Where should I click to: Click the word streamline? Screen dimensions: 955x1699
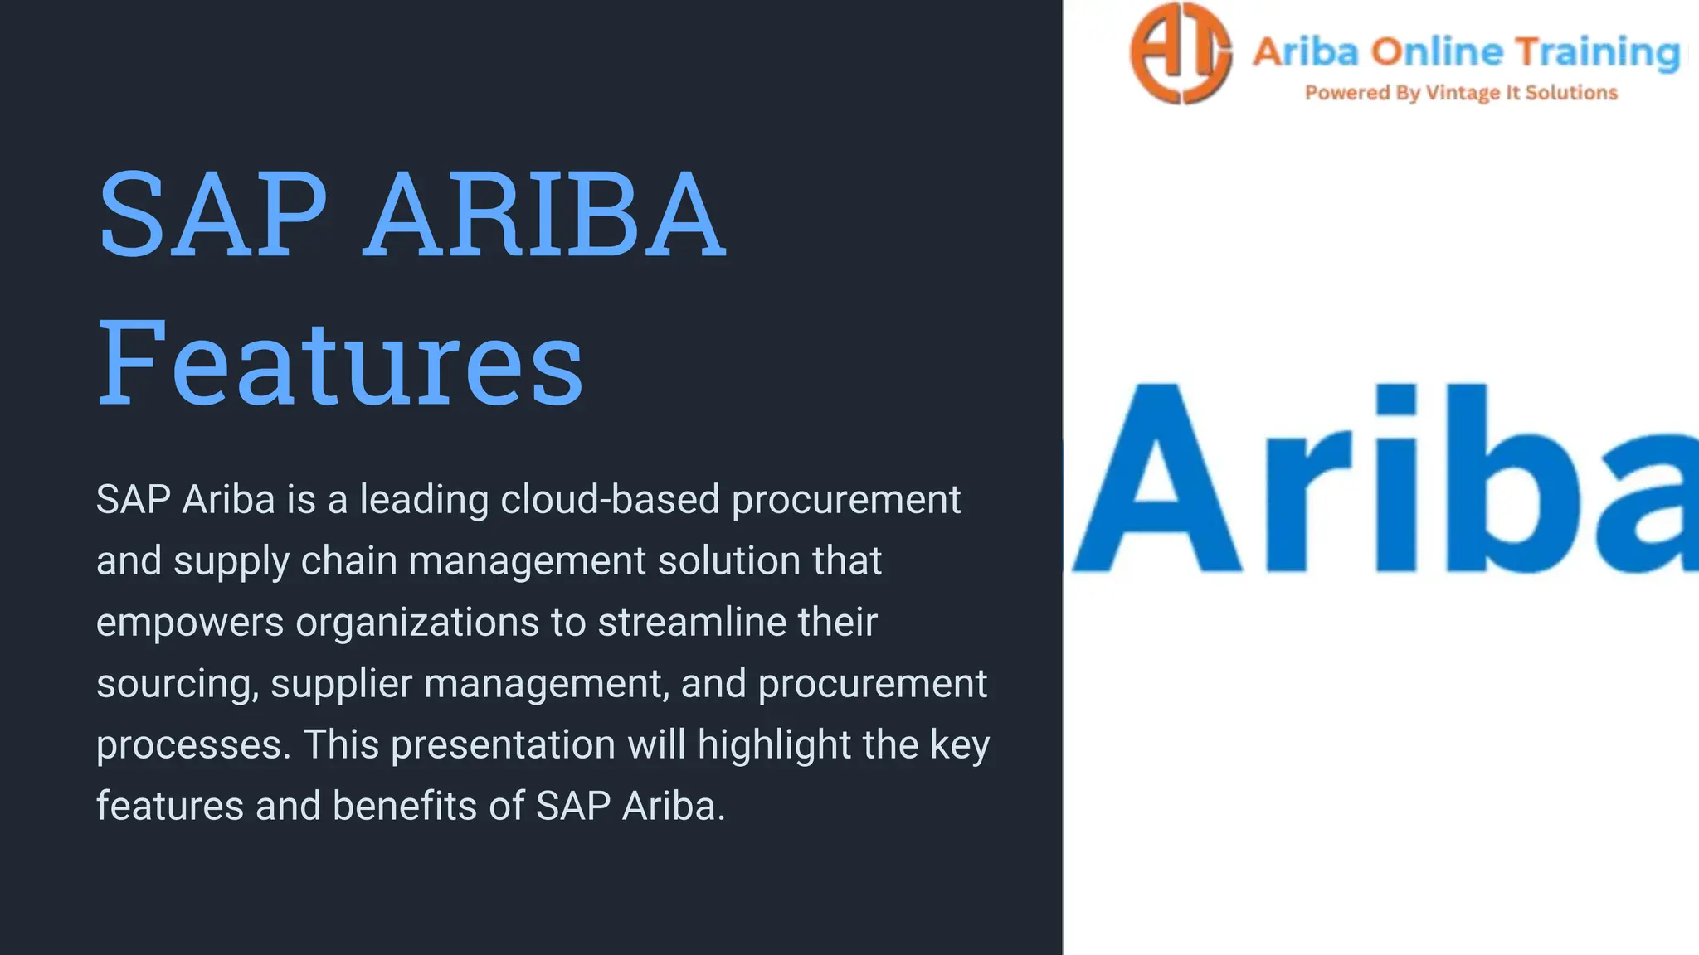coord(692,623)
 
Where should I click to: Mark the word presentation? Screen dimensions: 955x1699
coord(503,745)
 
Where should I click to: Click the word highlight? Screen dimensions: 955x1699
coord(774,745)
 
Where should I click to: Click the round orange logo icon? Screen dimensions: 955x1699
coord(1181,53)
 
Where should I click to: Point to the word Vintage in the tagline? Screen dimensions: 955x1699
coord(1463,93)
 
